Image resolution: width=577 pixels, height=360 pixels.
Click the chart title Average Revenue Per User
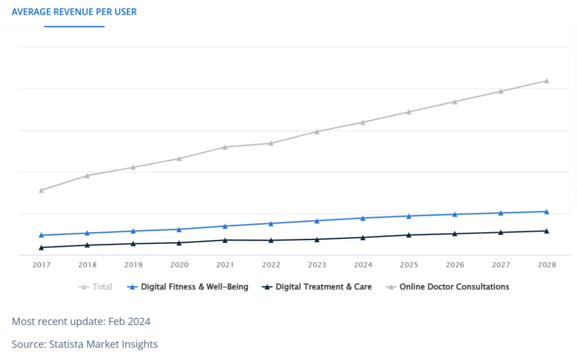(74, 12)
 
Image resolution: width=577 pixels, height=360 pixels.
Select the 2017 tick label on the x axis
(41, 265)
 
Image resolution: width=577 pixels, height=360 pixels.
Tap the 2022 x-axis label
(271, 265)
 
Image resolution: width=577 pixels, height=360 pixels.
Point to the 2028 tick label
(547, 265)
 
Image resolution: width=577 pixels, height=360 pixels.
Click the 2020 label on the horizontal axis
(179, 265)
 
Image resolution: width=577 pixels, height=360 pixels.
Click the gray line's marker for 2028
(547, 81)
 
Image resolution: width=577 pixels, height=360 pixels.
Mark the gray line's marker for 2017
(41, 190)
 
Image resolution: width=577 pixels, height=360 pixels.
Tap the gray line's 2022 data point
(271, 143)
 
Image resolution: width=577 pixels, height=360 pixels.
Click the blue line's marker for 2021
(225, 226)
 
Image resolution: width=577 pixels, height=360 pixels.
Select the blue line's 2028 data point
(547, 211)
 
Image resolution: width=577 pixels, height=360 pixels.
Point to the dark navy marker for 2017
(41, 247)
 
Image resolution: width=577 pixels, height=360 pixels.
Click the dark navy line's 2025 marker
(409, 235)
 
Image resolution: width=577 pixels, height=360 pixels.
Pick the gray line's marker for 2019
(133, 167)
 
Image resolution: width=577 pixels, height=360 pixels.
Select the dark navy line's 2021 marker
(225, 240)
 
